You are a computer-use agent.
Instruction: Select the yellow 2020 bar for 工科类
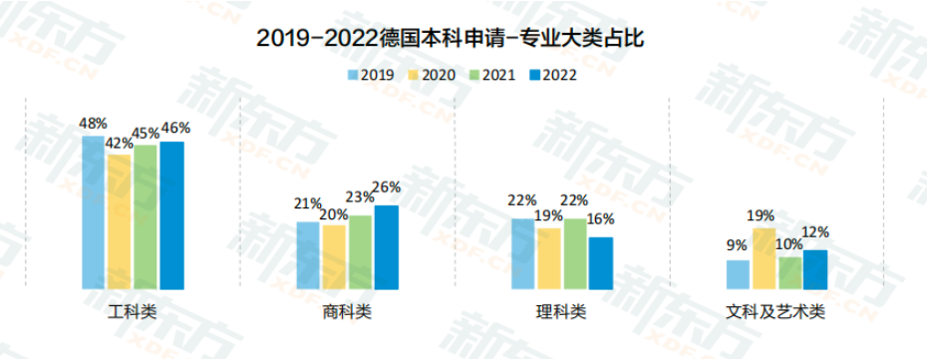tap(120, 222)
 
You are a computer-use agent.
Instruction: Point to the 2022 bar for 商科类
tap(387, 247)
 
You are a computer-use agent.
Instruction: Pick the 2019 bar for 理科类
tap(523, 254)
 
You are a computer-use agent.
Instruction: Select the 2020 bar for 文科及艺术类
tap(764, 258)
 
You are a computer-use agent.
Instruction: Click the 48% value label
tap(93, 124)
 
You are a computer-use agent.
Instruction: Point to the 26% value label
tap(387, 186)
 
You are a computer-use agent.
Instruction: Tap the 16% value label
tap(601, 219)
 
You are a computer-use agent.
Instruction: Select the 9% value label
tap(737, 244)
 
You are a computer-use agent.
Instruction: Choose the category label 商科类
tap(347, 312)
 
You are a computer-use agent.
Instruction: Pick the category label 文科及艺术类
tap(775, 312)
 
